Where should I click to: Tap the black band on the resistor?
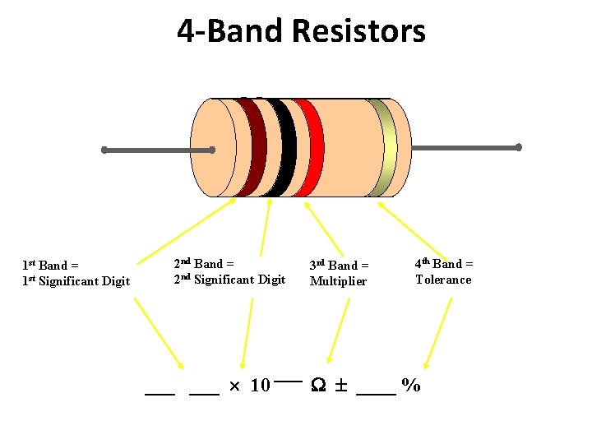282,148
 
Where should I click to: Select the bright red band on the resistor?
308,148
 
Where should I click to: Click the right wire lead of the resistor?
465,148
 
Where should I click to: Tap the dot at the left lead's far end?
104,150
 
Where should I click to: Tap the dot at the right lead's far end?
519,148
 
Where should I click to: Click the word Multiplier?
338,281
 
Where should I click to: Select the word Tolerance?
443,280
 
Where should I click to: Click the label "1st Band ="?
50,266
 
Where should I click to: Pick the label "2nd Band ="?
204,264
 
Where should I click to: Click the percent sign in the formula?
411,386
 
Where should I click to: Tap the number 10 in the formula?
260,386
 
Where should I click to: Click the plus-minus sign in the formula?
340,386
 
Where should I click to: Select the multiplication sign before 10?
234,386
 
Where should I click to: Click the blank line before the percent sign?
376,394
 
